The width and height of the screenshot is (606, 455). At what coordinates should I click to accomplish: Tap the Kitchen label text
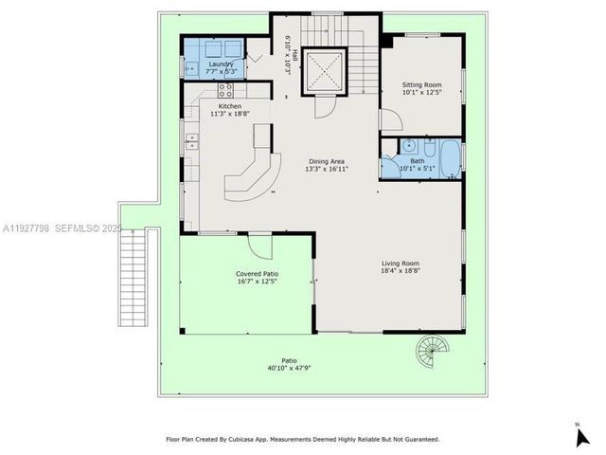230,106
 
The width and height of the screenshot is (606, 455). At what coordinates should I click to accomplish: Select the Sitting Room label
421,85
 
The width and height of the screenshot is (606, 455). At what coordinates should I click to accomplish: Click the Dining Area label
328,162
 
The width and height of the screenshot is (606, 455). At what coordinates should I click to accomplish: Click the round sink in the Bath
408,146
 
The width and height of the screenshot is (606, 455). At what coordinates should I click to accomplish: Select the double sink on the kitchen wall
192,143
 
